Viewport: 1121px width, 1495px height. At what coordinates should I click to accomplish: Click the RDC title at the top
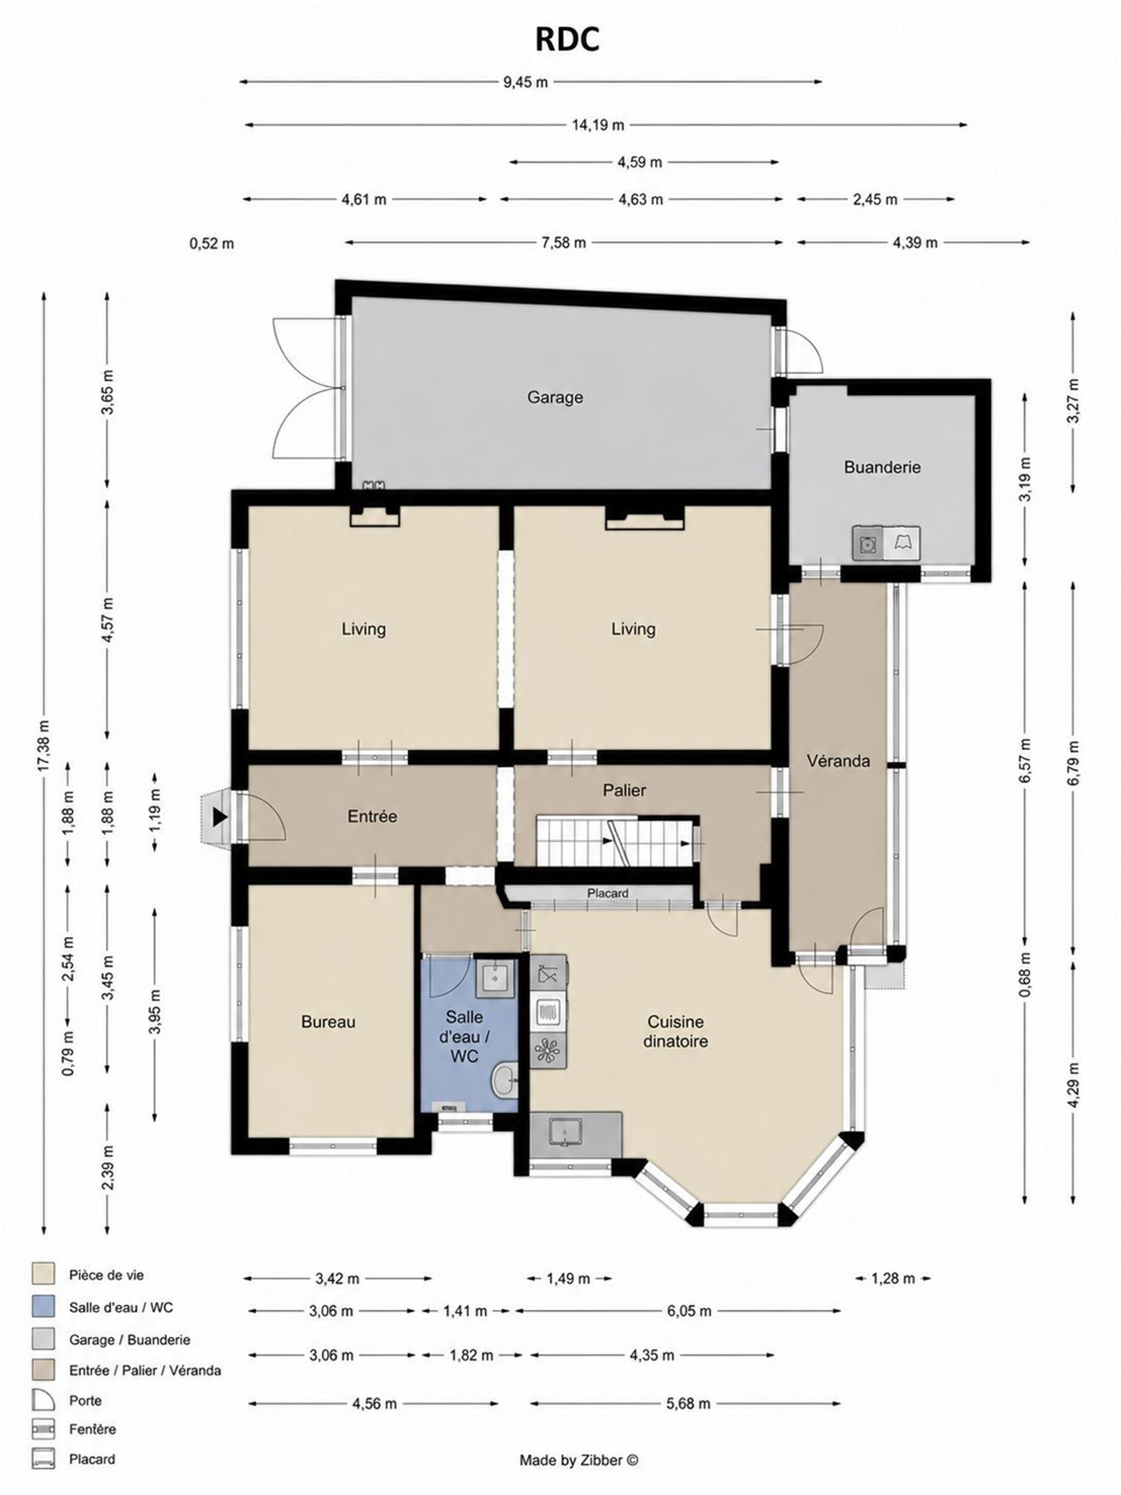(x=567, y=40)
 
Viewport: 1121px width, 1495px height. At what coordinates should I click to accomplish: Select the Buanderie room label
(x=882, y=467)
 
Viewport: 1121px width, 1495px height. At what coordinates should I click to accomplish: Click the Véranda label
(x=838, y=761)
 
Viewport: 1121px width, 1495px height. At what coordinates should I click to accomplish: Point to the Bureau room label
(x=328, y=1022)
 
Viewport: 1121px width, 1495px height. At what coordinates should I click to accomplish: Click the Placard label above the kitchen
(x=607, y=893)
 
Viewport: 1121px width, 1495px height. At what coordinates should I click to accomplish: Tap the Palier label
(x=624, y=790)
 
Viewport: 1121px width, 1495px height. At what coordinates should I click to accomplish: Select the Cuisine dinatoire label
(x=676, y=1031)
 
